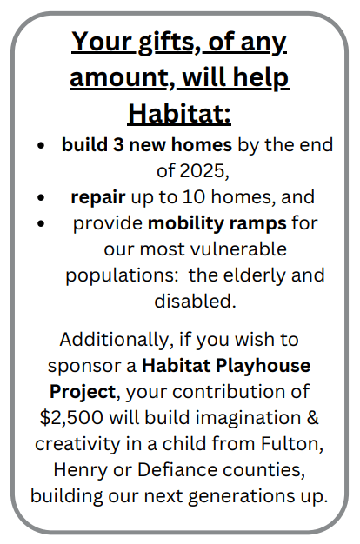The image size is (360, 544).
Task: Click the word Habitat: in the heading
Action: click(179, 114)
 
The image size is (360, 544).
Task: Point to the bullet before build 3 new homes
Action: click(41, 145)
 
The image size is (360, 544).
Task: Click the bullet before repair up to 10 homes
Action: click(41, 197)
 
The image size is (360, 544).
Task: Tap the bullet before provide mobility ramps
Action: click(41, 223)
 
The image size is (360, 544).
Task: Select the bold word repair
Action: click(98, 198)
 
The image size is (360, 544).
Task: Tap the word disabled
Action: click(195, 301)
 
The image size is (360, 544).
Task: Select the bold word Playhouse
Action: click(263, 366)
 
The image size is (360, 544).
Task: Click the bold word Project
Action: click(83, 392)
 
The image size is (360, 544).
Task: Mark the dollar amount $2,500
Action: click(71, 418)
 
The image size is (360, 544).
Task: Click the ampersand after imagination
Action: click(312, 417)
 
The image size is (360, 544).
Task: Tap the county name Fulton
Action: click(291, 444)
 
